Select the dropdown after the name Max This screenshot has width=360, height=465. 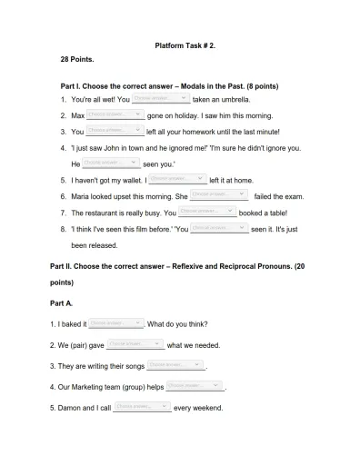coord(115,114)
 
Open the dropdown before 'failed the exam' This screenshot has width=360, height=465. coord(219,194)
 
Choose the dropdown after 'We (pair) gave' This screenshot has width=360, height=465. coord(135,344)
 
